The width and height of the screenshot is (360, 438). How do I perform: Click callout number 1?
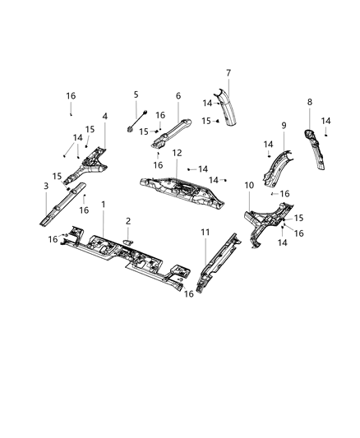click(x=104, y=203)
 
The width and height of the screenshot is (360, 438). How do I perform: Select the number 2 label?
click(x=127, y=221)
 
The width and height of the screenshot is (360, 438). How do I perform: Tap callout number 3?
click(x=46, y=187)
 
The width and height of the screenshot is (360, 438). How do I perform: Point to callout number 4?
click(x=104, y=116)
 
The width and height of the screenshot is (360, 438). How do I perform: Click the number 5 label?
click(x=136, y=95)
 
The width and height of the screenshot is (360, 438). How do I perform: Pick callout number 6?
click(x=178, y=95)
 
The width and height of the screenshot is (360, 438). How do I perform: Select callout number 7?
click(x=228, y=72)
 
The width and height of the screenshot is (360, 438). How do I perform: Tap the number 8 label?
click(x=309, y=102)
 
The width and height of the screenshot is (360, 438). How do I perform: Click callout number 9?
click(x=284, y=126)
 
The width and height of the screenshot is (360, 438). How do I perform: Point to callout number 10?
click(x=249, y=186)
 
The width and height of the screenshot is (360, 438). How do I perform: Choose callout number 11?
click(x=205, y=233)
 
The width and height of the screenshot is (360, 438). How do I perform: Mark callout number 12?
click(x=177, y=153)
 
